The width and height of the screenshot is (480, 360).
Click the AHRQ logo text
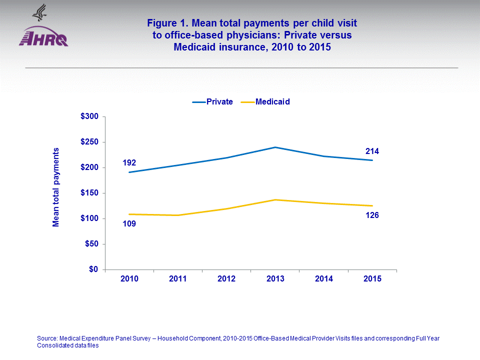tap(43, 38)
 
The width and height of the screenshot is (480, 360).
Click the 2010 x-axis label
tap(129, 279)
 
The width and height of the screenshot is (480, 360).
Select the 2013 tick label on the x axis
tap(275, 279)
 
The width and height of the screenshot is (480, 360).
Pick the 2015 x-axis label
tap(372, 279)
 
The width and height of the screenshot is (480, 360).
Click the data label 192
tap(129, 162)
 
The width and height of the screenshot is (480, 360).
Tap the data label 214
tap(372, 150)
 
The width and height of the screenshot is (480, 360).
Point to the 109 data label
tap(129, 223)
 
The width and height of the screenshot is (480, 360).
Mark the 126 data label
tap(372, 215)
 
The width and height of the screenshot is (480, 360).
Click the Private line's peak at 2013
tap(275, 147)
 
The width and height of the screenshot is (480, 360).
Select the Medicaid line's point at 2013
tap(275, 199)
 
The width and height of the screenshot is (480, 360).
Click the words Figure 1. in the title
tap(168, 23)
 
